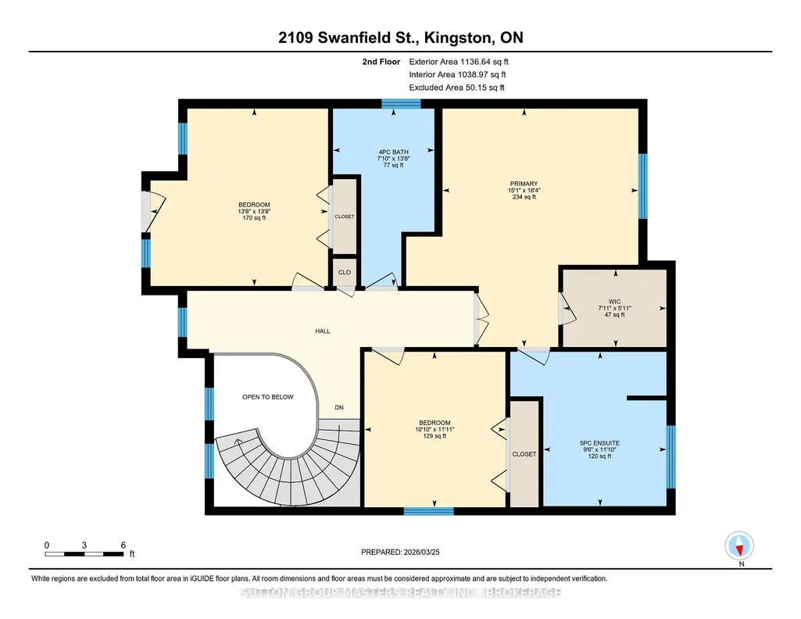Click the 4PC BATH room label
click(393, 152)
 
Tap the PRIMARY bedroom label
click(524, 184)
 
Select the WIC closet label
click(614, 302)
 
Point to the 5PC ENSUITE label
click(599, 443)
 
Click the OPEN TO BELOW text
click(268, 397)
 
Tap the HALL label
click(322, 331)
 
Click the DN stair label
click(339, 407)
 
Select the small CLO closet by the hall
click(345, 272)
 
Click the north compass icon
click(739, 546)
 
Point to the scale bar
click(84, 553)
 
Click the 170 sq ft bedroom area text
click(255, 218)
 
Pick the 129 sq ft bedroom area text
click(434, 436)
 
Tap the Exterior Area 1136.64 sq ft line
click(459, 62)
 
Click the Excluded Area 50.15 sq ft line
click(456, 88)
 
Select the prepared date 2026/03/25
click(400, 552)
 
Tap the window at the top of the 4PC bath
click(401, 104)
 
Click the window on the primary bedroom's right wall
click(643, 186)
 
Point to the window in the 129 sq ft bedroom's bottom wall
click(428, 511)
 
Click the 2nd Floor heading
click(381, 62)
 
